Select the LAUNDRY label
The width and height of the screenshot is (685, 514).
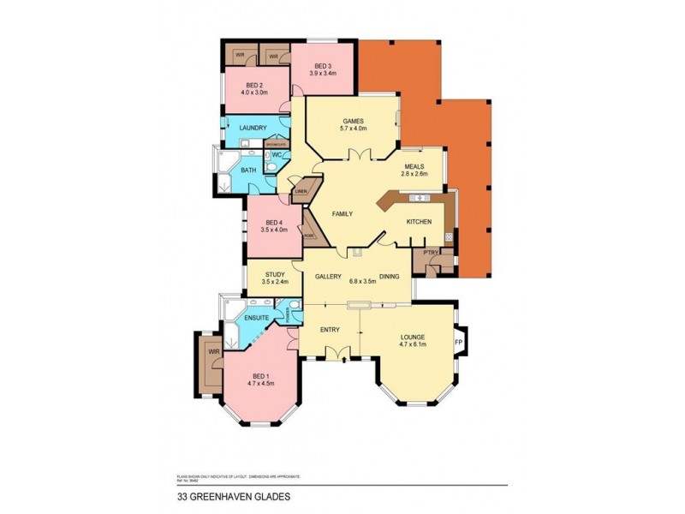pyautogui.click(x=253, y=128)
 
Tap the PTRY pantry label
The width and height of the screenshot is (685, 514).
pyautogui.click(x=430, y=252)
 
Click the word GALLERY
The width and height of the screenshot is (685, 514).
pyautogui.click(x=329, y=278)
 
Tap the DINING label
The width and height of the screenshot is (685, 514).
pyautogui.click(x=390, y=278)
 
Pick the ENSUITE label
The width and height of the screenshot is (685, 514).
pyautogui.click(x=257, y=319)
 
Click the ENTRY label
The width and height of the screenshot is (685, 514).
pyautogui.click(x=330, y=329)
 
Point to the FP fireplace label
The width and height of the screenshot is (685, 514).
pyautogui.click(x=458, y=344)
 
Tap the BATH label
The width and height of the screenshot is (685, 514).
pyautogui.click(x=248, y=170)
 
